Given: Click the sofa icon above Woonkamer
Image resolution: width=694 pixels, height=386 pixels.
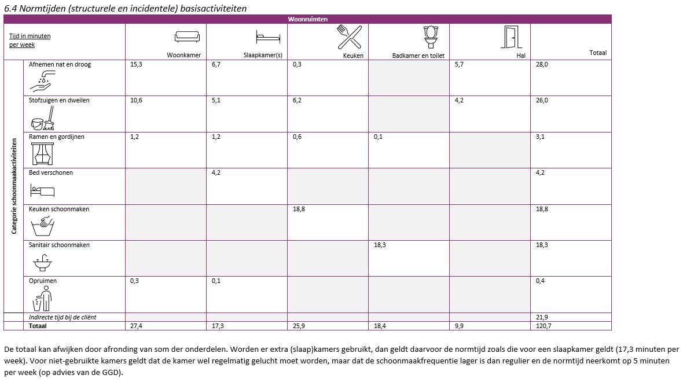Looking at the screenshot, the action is pos(187,37).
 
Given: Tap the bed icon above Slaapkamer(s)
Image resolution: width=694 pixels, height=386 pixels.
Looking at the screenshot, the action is pos(268,38).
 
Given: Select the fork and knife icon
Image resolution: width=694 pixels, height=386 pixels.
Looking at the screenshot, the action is pos(349,37).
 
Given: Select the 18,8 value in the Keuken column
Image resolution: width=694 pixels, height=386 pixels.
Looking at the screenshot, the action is pos(299,209).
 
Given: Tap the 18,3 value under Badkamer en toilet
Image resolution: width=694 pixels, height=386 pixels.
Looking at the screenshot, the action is pos(380,245).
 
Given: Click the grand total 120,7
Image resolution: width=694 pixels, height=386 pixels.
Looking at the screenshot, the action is pos(542,326).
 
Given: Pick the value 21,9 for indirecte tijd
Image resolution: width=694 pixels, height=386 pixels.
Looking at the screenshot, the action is pos(542,317).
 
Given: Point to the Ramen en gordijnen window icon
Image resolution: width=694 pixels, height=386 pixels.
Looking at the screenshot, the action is pos(42,153).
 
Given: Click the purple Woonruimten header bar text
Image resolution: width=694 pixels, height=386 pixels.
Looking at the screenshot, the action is pos(307,19).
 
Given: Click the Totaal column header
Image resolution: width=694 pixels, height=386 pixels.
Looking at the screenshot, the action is pos(598,53).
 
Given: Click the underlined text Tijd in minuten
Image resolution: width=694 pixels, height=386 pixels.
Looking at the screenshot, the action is pos(30,36).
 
